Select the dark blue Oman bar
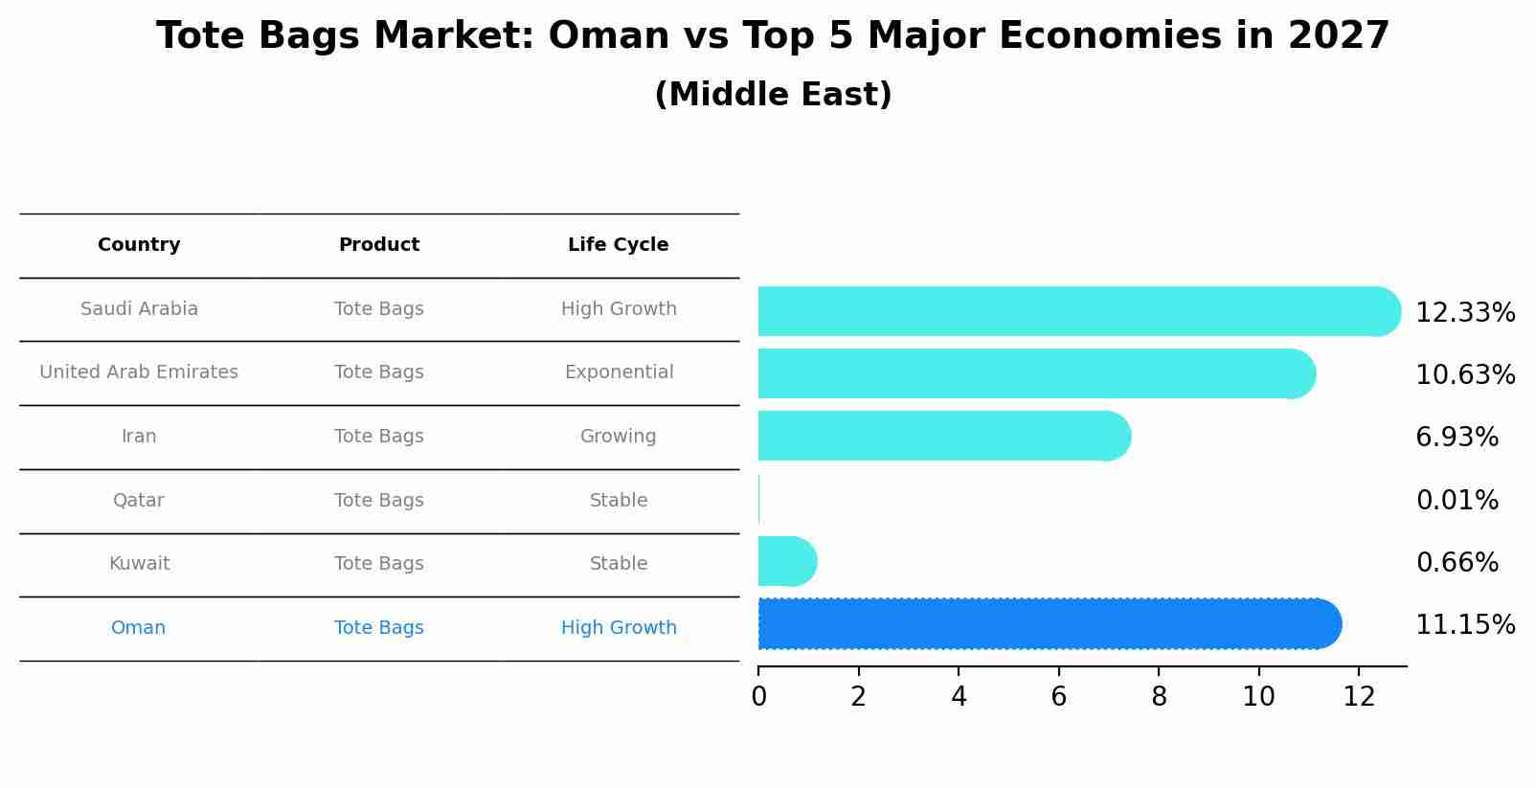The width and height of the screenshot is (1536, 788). [x=1044, y=624]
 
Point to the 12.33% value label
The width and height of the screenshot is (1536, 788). [x=1464, y=313]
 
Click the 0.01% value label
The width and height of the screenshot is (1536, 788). [x=1457, y=501]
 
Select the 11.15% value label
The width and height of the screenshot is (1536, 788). [x=1464, y=625]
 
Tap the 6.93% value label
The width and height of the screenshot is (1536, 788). [x=1457, y=438]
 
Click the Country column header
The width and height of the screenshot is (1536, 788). [x=139, y=245]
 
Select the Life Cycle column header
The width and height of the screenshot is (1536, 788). [x=618, y=245]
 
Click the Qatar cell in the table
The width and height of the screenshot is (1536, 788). [x=139, y=501]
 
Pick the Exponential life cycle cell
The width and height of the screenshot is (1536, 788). [x=619, y=372]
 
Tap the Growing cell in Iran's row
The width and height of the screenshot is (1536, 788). [x=618, y=437]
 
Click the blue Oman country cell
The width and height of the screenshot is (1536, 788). [x=139, y=628]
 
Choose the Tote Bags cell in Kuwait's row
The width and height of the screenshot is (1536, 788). [x=379, y=564]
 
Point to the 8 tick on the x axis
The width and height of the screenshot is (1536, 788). [x=1159, y=697]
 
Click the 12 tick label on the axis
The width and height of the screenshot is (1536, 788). [x=1359, y=697]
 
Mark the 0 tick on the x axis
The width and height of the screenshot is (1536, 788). [x=758, y=697]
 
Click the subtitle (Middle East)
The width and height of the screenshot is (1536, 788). [x=773, y=95]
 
